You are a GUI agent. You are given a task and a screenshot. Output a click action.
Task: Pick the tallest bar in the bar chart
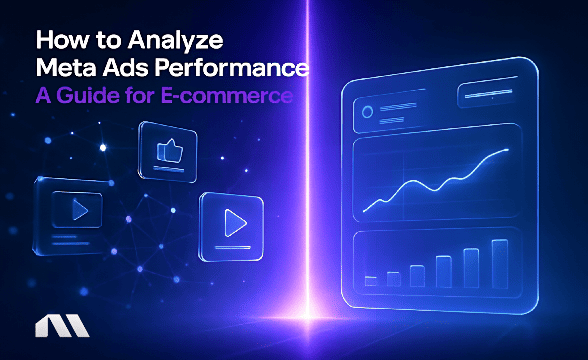(499, 263)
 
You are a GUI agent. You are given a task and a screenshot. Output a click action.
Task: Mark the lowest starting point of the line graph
(365, 210)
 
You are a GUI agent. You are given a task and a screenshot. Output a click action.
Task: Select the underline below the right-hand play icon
(231, 245)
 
